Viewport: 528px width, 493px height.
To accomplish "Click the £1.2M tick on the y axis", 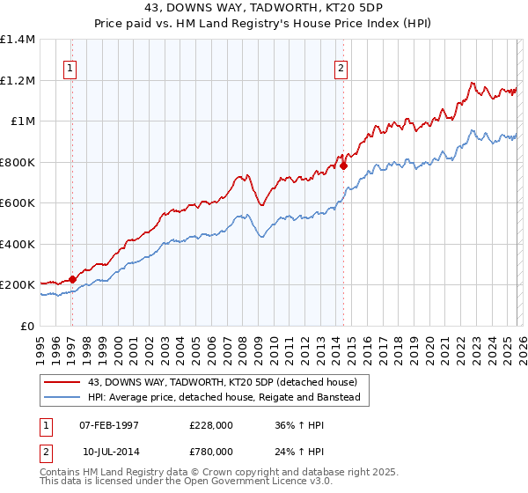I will pyautogui.click(x=18, y=80).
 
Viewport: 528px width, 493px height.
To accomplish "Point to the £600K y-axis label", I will pyautogui.click(x=17, y=203).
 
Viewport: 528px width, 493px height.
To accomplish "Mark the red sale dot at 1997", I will pyautogui.click(x=73, y=280).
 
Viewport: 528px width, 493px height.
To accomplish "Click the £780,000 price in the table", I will pyautogui.click(x=211, y=452).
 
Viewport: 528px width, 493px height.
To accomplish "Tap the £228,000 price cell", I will pyautogui.click(x=211, y=425).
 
